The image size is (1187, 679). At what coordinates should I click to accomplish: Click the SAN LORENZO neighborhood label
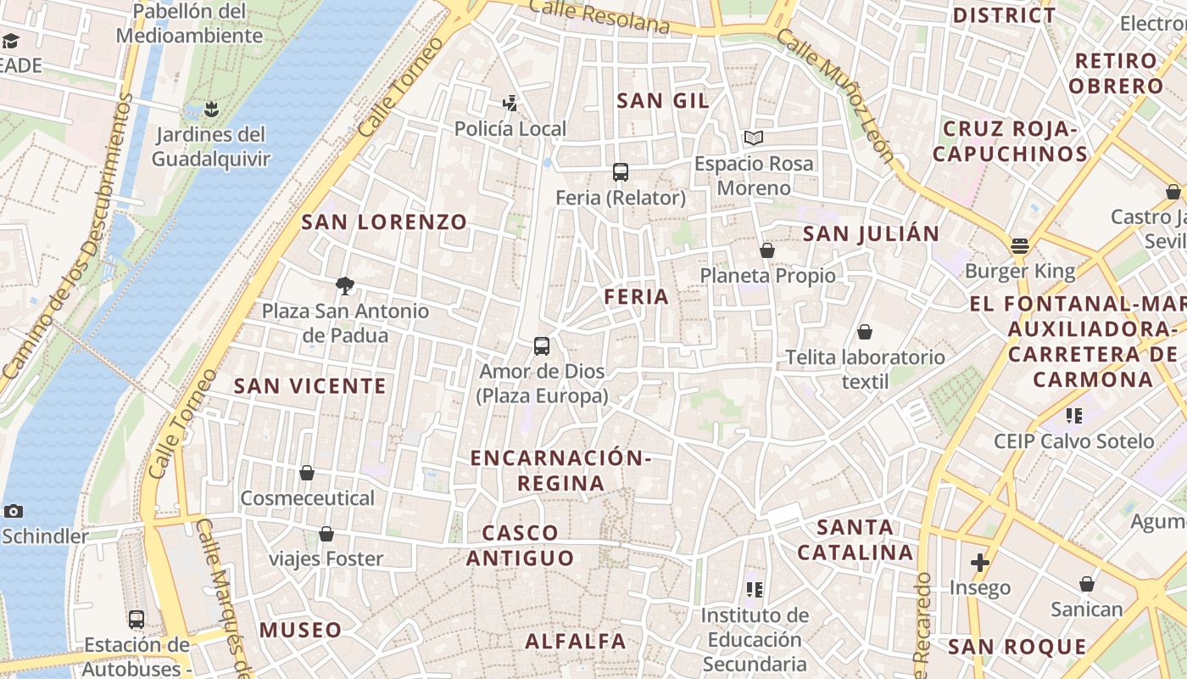(384, 222)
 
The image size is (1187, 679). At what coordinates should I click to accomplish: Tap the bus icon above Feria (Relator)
(621, 172)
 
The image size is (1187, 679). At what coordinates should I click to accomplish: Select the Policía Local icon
(510, 104)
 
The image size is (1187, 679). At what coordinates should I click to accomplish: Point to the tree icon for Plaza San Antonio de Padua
(345, 286)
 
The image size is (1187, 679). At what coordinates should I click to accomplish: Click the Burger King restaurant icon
(1019, 246)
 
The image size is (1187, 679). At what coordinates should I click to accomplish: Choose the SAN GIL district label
(662, 100)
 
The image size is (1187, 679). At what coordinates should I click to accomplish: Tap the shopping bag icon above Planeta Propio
(767, 250)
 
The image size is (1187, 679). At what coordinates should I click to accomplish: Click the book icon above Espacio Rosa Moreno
(754, 137)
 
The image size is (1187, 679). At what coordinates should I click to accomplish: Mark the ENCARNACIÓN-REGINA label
(561, 470)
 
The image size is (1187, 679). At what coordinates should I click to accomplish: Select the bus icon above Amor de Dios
(542, 346)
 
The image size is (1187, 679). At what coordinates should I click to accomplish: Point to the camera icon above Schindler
(13, 511)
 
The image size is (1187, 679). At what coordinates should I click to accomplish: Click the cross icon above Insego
(980, 562)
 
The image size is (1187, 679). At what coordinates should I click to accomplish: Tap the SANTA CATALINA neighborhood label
(855, 540)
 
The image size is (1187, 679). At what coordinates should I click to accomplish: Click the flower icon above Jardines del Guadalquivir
(211, 109)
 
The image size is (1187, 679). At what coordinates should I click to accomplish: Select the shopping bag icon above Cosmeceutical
(307, 473)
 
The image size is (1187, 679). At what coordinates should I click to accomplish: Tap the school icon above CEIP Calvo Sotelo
(1074, 416)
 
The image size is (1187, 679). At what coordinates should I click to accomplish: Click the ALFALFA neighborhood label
(575, 641)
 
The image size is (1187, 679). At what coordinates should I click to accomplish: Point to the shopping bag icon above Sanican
(1087, 584)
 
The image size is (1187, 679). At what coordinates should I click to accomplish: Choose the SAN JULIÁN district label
(871, 233)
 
